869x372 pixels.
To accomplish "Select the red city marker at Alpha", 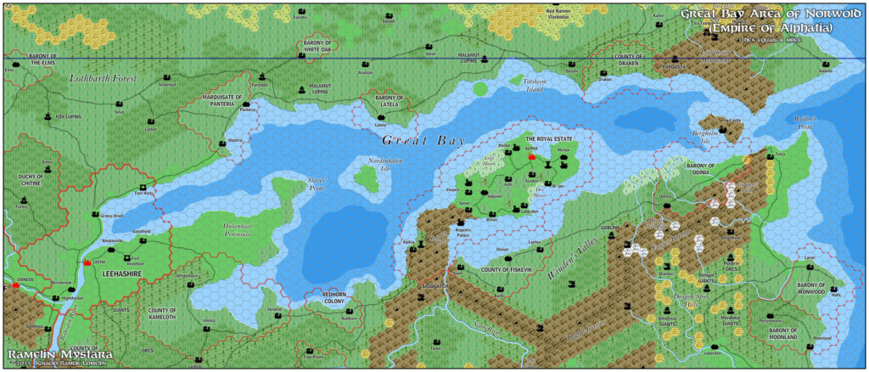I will click(532, 157).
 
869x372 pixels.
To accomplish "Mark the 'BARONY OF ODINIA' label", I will click(709, 173).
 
